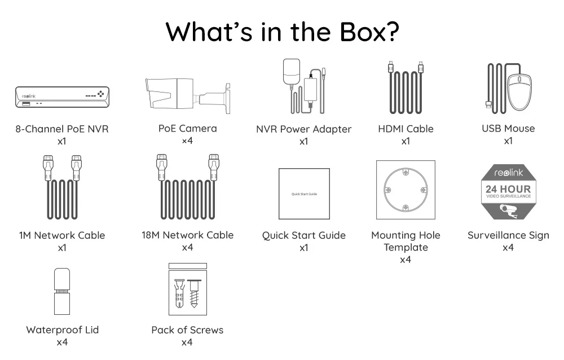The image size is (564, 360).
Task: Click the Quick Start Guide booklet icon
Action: [x=304, y=194]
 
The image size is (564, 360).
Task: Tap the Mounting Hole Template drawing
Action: [x=406, y=190]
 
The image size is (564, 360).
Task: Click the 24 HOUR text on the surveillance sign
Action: [x=508, y=189]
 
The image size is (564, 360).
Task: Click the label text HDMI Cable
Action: [x=406, y=129]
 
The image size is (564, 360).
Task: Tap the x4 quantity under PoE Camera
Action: [x=188, y=141]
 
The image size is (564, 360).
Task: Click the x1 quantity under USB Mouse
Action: [x=508, y=141]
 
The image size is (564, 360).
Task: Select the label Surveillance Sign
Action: [x=508, y=235]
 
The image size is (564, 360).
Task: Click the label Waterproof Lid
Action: [x=62, y=330]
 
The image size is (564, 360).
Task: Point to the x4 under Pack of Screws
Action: [x=187, y=342]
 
